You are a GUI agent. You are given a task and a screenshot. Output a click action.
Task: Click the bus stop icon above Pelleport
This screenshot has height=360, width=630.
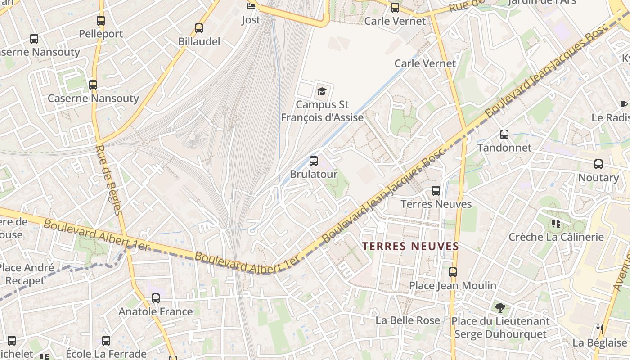[x=101, y=20]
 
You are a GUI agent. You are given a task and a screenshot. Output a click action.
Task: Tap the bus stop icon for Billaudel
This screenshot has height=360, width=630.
[x=199, y=28]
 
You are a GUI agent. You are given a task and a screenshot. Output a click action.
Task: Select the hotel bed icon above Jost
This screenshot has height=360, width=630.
[x=251, y=6]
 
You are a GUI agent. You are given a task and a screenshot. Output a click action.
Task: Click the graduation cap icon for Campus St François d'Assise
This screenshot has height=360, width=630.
[x=322, y=91]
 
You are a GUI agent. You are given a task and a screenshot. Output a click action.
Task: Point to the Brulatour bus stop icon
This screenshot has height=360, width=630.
[x=314, y=161]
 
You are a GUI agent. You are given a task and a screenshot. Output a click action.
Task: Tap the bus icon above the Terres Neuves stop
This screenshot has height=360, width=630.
[x=436, y=190]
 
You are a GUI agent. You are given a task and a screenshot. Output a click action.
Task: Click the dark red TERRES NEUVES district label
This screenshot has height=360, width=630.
[x=410, y=246]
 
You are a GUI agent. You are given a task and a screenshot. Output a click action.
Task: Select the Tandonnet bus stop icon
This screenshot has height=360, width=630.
[x=504, y=134]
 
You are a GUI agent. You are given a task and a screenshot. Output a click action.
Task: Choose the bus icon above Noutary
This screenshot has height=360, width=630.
[x=598, y=164]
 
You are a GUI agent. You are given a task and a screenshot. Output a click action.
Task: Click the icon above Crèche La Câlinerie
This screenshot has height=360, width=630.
[x=556, y=223]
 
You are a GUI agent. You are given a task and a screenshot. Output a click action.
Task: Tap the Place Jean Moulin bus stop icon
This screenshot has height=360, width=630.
[x=453, y=272]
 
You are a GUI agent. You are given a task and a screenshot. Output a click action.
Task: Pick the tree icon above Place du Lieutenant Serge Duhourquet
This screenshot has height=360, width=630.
[x=500, y=308]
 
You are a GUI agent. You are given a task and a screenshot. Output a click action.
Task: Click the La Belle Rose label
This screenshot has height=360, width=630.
[x=408, y=320]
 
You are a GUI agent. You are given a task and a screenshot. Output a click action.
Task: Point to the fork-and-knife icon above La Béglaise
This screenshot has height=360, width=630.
[x=599, y=329]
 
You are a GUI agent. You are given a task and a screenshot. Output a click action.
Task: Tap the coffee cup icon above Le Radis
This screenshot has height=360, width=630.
[x=624, y=104]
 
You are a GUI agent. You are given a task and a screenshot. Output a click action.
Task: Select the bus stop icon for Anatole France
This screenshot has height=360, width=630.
[x=156, y=298]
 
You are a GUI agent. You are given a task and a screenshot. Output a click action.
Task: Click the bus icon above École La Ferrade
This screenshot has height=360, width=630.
[x=106, y=340]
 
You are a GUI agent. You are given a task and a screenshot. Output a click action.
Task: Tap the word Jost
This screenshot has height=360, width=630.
[x=251, y=20]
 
